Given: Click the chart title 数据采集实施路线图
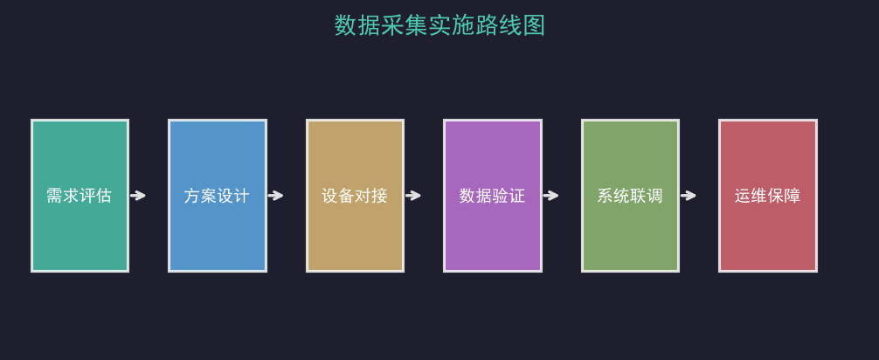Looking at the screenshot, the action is point(439,26).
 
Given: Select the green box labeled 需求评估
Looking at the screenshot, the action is point(80,196).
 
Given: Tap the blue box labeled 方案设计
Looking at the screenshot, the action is point(218,196).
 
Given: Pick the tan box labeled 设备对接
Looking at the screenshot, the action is point(355,196).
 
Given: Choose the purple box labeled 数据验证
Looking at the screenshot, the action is point(493,196).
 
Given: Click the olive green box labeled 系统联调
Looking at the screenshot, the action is point(630,196).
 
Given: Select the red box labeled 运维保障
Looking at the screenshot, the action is point(768,196).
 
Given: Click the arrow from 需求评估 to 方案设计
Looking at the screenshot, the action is point(138,196).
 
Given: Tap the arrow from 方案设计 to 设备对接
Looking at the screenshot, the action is point(276,196).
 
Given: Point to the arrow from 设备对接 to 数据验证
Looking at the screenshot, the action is point(413,196).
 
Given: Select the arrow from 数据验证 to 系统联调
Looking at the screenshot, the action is point(551,196).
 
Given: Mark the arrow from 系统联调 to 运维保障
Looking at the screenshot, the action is point(689,196).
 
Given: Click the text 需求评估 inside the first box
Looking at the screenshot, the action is point(79,196).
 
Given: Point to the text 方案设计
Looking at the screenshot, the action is point(217,196).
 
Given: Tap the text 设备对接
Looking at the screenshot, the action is point(354,196).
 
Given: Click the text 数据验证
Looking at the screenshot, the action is point(492,196).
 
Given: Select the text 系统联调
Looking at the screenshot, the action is point(630,196).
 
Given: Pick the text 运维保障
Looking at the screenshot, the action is point(767,196).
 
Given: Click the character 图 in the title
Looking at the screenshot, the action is point(534,26).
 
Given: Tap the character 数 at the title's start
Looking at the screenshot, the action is point(345,26).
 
